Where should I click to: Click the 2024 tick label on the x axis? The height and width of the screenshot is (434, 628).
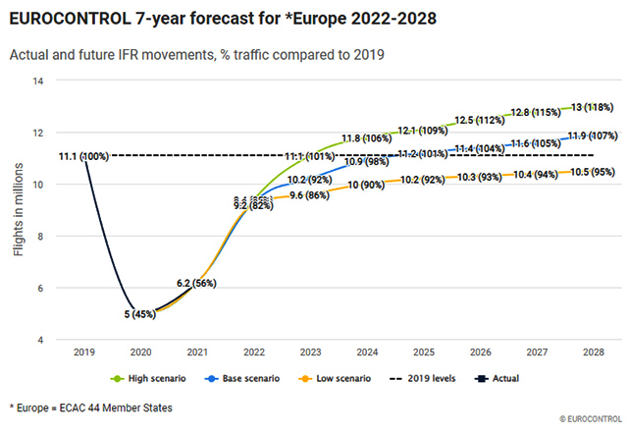coord(367,352)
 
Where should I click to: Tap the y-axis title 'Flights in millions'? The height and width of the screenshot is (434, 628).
coord(19,210)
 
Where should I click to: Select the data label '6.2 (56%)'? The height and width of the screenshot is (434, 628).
coord(196,283)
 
